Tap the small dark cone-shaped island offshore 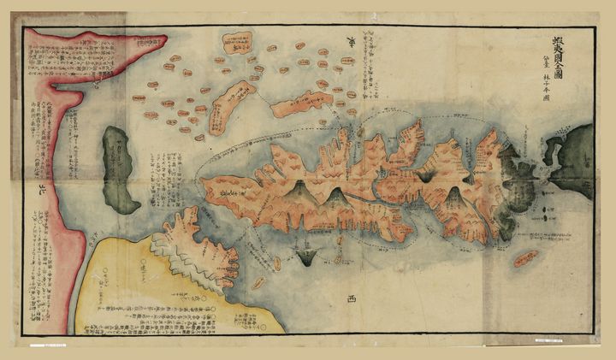[306, 252]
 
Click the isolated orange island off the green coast [525, 258]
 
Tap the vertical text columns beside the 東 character [376, 64]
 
